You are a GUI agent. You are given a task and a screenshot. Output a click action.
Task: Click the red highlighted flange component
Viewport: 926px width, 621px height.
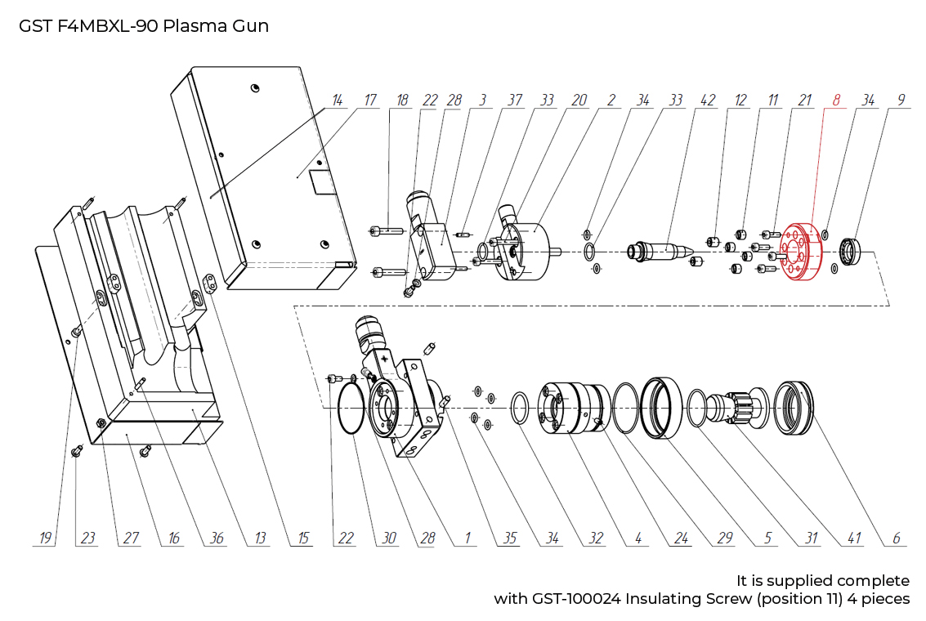(796, 250)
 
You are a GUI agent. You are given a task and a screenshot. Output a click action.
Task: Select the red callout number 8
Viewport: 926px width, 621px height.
(836, 101)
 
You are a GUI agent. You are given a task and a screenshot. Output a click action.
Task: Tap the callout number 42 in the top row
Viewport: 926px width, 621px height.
(708, 101)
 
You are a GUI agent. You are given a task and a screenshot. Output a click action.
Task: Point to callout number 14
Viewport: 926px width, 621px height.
(337, 101)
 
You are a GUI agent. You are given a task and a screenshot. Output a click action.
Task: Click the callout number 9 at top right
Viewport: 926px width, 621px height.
(901, 101)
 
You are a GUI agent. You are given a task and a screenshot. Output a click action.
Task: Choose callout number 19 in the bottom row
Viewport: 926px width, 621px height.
(45, 538)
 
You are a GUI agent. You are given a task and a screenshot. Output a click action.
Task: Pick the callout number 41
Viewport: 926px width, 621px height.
(855, 538)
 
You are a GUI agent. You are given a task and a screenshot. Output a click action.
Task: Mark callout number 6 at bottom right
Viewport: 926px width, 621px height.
(896, 538)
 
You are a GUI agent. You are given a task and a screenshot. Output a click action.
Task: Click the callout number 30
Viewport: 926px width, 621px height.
(389, 538)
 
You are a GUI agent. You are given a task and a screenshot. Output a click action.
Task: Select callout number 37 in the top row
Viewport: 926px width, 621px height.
(515, 101)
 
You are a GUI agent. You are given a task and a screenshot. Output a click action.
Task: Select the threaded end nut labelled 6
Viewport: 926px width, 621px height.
(793, 406)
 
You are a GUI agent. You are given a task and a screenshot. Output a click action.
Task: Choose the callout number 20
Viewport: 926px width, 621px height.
(579, 101)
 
